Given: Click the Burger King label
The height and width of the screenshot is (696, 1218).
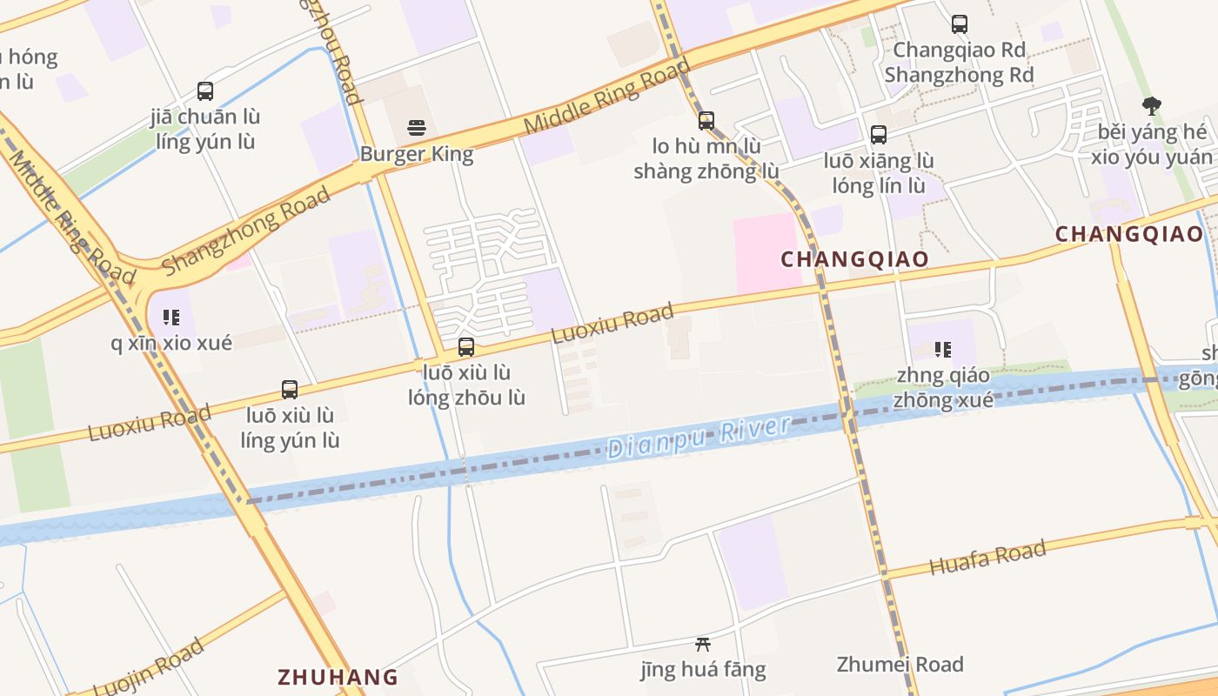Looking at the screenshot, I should (417, 155).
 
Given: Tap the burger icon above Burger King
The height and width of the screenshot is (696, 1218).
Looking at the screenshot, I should (417, 128).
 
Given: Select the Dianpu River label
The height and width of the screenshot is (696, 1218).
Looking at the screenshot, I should (699, 436).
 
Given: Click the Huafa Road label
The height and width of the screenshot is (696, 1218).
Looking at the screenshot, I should (987, 558).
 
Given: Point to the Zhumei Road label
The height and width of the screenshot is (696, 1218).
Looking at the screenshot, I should (900, 665).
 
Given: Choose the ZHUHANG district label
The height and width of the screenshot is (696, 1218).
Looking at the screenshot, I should (338, 677).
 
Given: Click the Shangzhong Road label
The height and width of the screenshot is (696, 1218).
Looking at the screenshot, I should (246, 231).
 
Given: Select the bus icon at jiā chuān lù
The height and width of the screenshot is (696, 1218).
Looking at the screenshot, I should (205, 90).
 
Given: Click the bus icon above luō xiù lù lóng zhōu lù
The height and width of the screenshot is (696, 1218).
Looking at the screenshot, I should (466, 347).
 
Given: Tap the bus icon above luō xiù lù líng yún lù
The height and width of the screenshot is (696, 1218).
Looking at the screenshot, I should (290, 389).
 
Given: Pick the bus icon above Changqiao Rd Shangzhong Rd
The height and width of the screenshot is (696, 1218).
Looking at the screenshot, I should (959, 24).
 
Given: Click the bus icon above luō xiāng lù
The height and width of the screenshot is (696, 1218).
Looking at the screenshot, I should (879, 135).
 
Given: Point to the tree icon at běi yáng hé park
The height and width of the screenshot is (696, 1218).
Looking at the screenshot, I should (1152, 106).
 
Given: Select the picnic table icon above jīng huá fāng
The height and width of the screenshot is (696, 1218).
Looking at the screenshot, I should (703, 645).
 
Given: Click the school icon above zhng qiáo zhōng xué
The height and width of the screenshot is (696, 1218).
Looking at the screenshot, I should (942, 350).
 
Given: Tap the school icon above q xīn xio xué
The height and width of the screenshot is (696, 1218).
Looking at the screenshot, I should (171, 318).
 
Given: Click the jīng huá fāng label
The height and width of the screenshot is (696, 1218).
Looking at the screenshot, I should (703, 669).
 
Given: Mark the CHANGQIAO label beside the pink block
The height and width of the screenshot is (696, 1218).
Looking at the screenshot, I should (854, 259).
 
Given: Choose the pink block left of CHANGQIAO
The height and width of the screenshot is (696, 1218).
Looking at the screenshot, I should (766, 253).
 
